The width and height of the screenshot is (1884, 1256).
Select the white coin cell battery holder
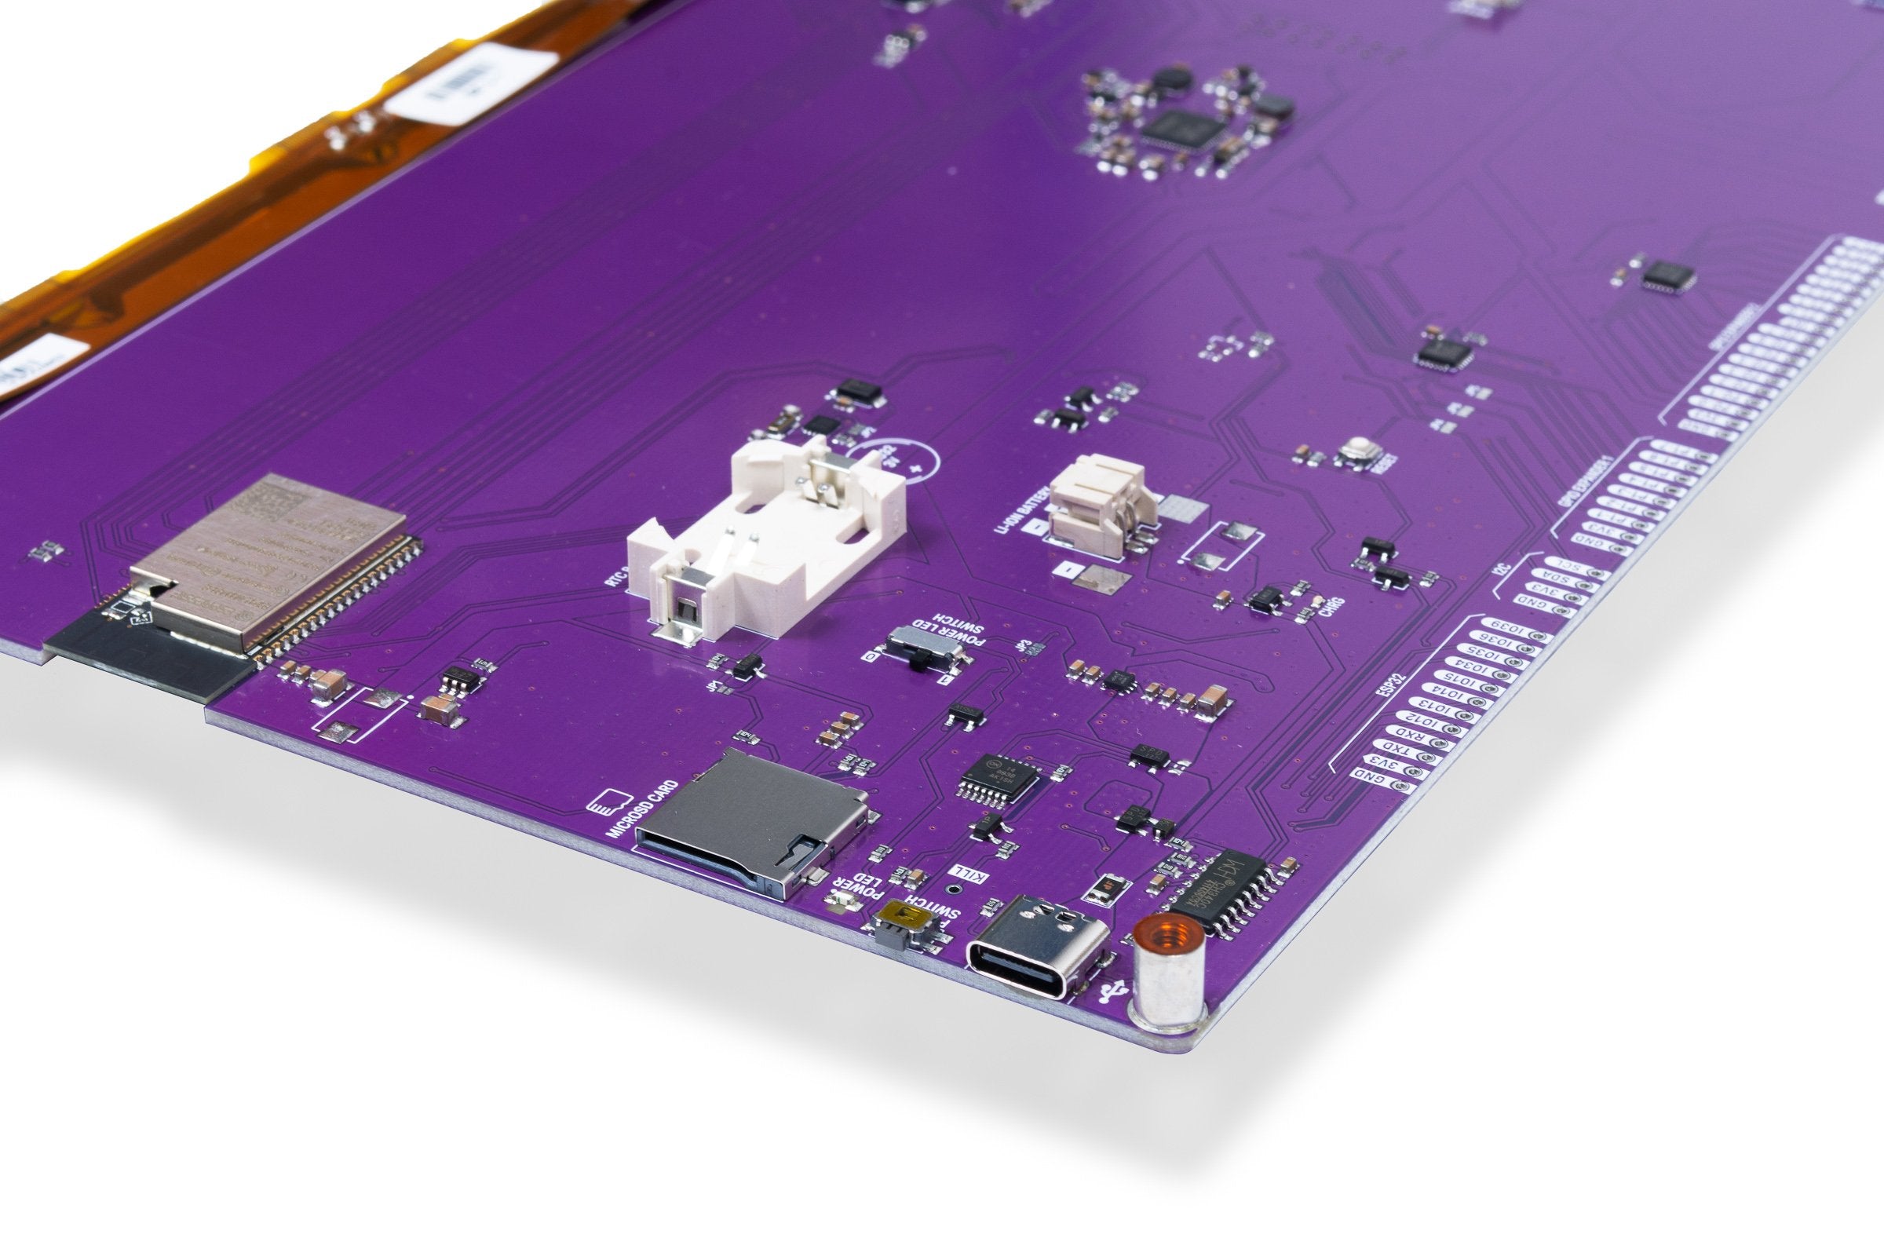pyautogui.click(x=767, y=542)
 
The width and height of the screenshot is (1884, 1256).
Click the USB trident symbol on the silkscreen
pyautogui.click(x=1109, y=994)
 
